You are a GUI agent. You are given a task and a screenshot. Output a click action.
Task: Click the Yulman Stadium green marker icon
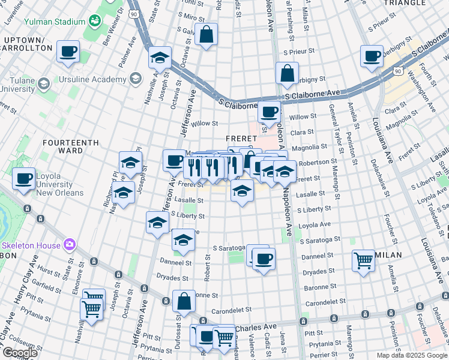coord(94,22)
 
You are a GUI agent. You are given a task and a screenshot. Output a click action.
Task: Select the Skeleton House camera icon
coord(70,244)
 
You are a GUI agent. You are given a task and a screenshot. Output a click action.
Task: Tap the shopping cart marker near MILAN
coord(363,261)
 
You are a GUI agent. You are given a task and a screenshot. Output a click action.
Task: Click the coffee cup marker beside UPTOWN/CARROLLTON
coord(68,52)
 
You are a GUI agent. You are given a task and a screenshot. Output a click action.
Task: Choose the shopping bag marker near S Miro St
coord(206,35)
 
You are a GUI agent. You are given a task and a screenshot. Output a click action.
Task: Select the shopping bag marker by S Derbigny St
coord(288,73)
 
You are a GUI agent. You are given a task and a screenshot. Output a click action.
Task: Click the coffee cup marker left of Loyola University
coord(23,179)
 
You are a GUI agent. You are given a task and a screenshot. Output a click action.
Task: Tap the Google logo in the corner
coord(20,353)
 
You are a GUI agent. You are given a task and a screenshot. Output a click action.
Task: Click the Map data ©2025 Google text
coord(412,355)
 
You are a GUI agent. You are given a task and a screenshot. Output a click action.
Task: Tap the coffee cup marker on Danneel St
coord(263,259)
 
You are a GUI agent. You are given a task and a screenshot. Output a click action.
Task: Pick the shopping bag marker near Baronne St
coord(184,301)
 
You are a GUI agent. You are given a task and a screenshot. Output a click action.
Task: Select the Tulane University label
coord(17,84)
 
